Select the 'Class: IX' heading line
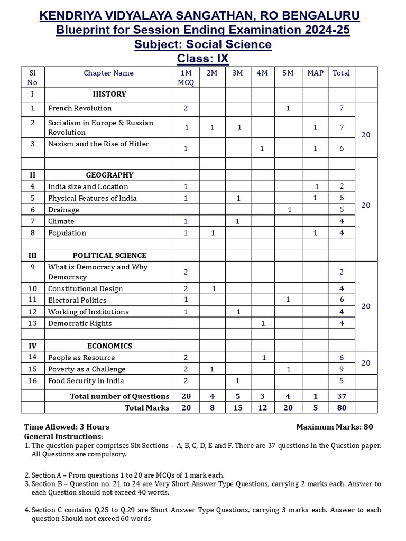tap(203, 58)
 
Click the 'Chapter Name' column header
tap(108, 73)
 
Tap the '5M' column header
tap(288, 73)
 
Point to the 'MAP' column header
tap(315, 73)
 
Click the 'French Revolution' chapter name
tap(80, 108)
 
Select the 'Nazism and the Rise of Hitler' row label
tap(98, 144)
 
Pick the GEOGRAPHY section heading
tap(109, 175)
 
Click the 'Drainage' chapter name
tap(63, 210)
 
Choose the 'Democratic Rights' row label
tap(80, 323)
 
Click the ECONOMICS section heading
tap(109, 346)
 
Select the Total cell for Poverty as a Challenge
tap(342, 369)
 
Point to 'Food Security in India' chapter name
tap(86, 381)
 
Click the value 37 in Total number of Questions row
tap(342, 396)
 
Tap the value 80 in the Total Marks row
tap(342, 408)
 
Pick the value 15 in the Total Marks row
tap(237, 408)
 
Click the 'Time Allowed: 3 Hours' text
tap(67, 427)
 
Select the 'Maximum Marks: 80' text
tap(338, 427)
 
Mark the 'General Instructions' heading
tap(63, 436)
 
